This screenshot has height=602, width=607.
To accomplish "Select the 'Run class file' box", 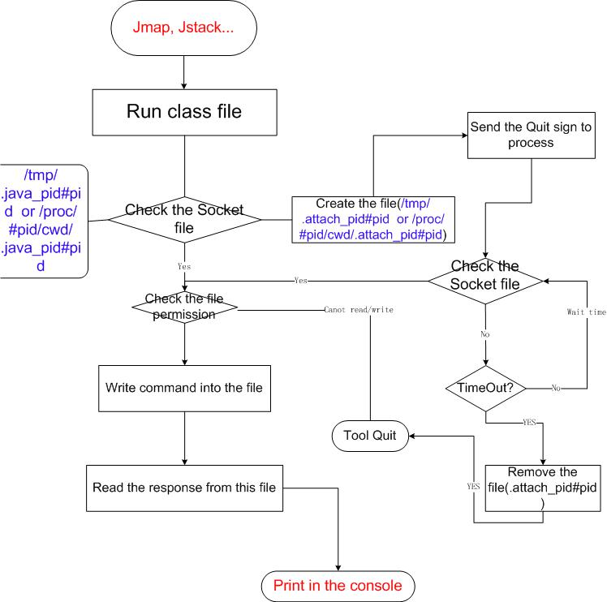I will tap(184, 112).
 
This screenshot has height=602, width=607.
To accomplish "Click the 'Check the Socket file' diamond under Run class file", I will tap(184, 219).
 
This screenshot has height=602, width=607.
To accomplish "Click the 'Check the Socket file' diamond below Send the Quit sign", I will tap(485, 280).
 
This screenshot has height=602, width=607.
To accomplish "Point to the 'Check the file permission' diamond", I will tap(184, 307).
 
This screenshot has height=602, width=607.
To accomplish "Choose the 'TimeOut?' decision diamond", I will tap(485, 388).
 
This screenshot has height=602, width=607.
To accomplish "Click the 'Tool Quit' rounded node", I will tap(369, 436).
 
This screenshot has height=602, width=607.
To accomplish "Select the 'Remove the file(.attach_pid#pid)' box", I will tap(541, 488).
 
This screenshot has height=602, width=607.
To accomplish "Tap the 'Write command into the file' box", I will tap(184, 388).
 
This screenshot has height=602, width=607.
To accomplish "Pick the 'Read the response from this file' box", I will tap(184, 488).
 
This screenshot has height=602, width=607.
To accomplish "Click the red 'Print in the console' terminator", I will tap(337, 584).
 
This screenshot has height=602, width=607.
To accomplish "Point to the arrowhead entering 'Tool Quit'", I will tap(411, 436).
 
